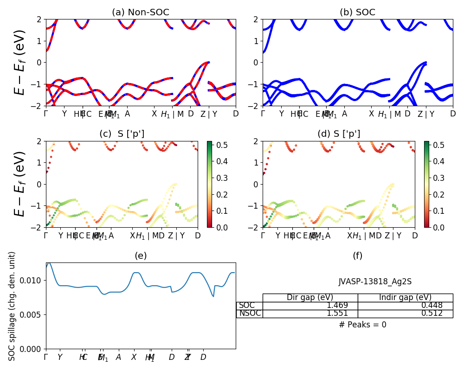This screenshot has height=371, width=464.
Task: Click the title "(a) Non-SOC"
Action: tap(141, 13)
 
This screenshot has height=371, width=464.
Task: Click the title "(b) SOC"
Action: tap(357, 13)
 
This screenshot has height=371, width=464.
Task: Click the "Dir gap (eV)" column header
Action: tap(310, 298)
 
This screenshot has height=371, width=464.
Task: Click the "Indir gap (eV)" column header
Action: tap(405, 298)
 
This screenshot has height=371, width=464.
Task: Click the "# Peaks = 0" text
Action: tap(362, 325)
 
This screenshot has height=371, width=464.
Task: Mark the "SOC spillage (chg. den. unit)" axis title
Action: tap(13, 306)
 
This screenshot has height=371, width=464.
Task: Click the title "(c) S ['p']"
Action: tap(122, 134)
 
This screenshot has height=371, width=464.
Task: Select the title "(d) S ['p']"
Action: tap(339, 134)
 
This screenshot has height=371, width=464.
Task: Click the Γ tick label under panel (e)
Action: tap(46, 357)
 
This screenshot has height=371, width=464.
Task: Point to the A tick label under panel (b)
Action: tap(344, 114)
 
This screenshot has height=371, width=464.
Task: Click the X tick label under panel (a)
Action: tap(154, 114)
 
